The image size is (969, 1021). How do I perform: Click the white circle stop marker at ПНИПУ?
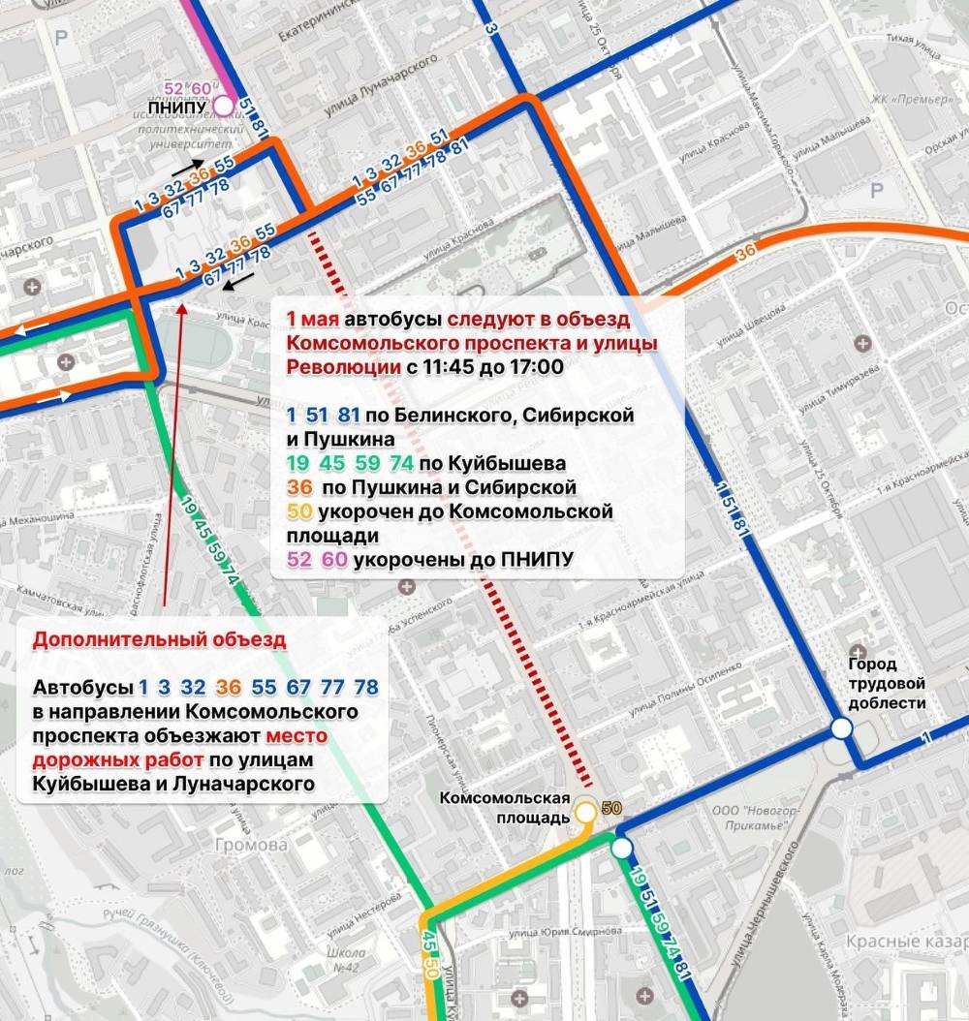tap(224, 106)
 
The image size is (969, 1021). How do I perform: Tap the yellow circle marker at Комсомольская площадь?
tap(585, 812)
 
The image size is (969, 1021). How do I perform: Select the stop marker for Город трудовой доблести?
tap(841, 728)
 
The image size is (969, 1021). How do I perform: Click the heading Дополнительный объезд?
tap(160, 640)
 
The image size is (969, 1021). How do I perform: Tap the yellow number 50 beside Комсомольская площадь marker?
tap(611, 808)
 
